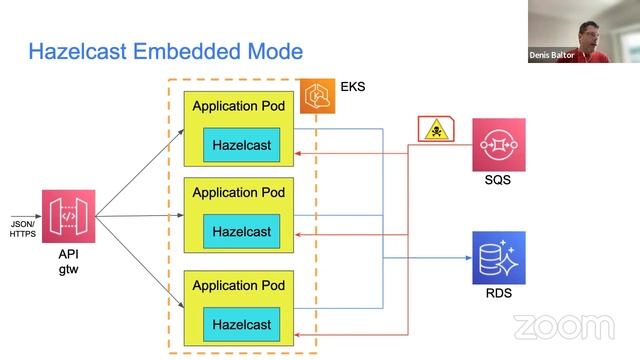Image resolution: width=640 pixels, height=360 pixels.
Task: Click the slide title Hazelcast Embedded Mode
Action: point(165,50)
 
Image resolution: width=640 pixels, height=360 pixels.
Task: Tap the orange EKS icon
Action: point(318,95)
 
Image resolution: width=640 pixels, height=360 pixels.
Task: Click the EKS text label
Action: point(353,87)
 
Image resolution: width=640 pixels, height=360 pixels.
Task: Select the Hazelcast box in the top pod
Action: point(241,146)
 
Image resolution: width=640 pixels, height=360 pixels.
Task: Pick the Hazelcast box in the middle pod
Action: point(241,232)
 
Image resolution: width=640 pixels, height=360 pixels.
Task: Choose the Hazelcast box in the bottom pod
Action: point(241,324)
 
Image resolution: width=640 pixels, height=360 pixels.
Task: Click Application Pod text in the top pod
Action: point(239,106)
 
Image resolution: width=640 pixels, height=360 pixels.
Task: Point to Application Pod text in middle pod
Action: point(239,192)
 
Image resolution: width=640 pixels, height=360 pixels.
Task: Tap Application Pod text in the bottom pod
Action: point(239,284)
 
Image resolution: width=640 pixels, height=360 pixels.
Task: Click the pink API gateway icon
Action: point(69,216)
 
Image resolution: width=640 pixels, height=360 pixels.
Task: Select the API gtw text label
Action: point(69,262)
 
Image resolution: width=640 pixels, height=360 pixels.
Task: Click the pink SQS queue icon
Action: point(498,145)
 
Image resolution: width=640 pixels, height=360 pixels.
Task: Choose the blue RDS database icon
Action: point(498,257)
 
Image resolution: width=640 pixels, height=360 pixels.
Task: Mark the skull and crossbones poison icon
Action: point(437,130)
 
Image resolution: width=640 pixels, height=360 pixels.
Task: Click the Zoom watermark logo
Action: point(563,327)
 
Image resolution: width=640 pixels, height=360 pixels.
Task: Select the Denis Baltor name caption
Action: point(552,56)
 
